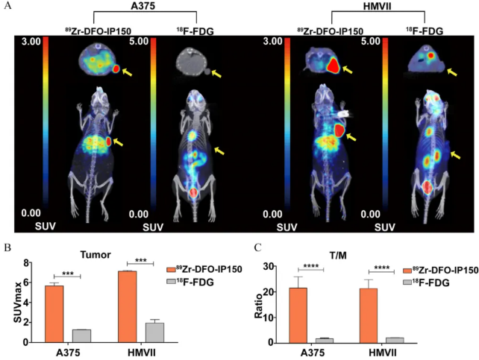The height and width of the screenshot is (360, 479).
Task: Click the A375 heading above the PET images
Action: click(x=144, y=7)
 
